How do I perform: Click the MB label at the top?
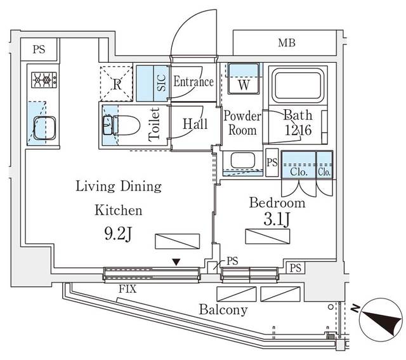point(285,44)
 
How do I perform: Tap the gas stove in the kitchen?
point(43,81)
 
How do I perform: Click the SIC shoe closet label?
point(161,83)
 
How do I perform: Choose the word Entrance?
point(193,82)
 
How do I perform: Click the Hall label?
point(195,124)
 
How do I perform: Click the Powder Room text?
point(242,123)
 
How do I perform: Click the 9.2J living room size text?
point(117,233)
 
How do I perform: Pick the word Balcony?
point(223,310)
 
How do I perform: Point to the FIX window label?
point(126,290)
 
